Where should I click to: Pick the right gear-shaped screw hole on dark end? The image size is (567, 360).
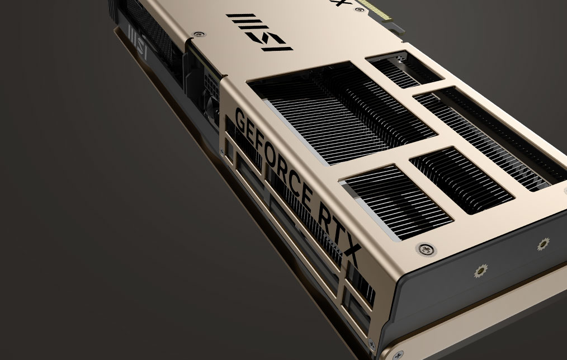click(542, 245)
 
